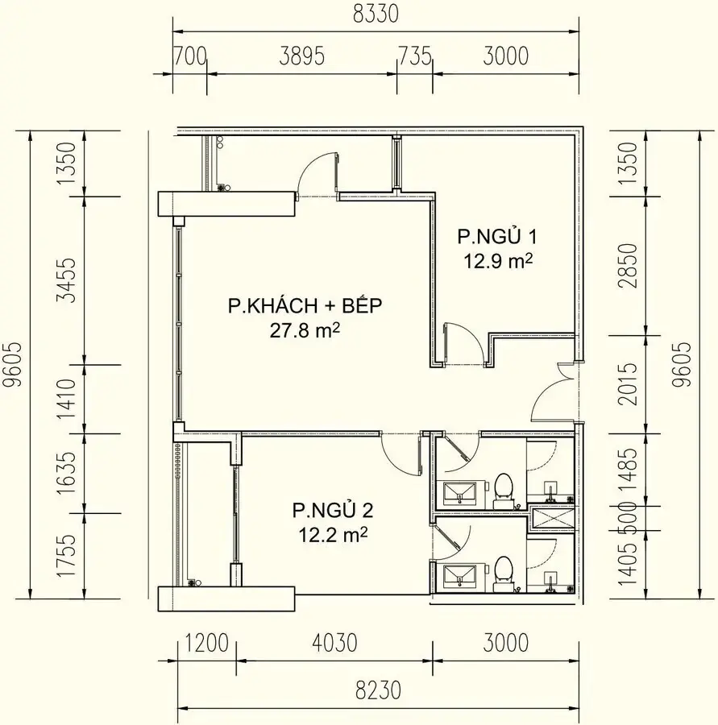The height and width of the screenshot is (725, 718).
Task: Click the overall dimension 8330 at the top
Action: click(x=376, y=14)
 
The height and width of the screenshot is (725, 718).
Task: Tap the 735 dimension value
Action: click(x=415, y=56)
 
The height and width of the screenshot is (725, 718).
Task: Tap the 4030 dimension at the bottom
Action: click(x=334, y=644)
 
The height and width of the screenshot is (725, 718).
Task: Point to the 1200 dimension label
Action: click(x=207, y=644)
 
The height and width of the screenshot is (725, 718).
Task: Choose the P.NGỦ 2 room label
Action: click(x=332, y=510)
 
